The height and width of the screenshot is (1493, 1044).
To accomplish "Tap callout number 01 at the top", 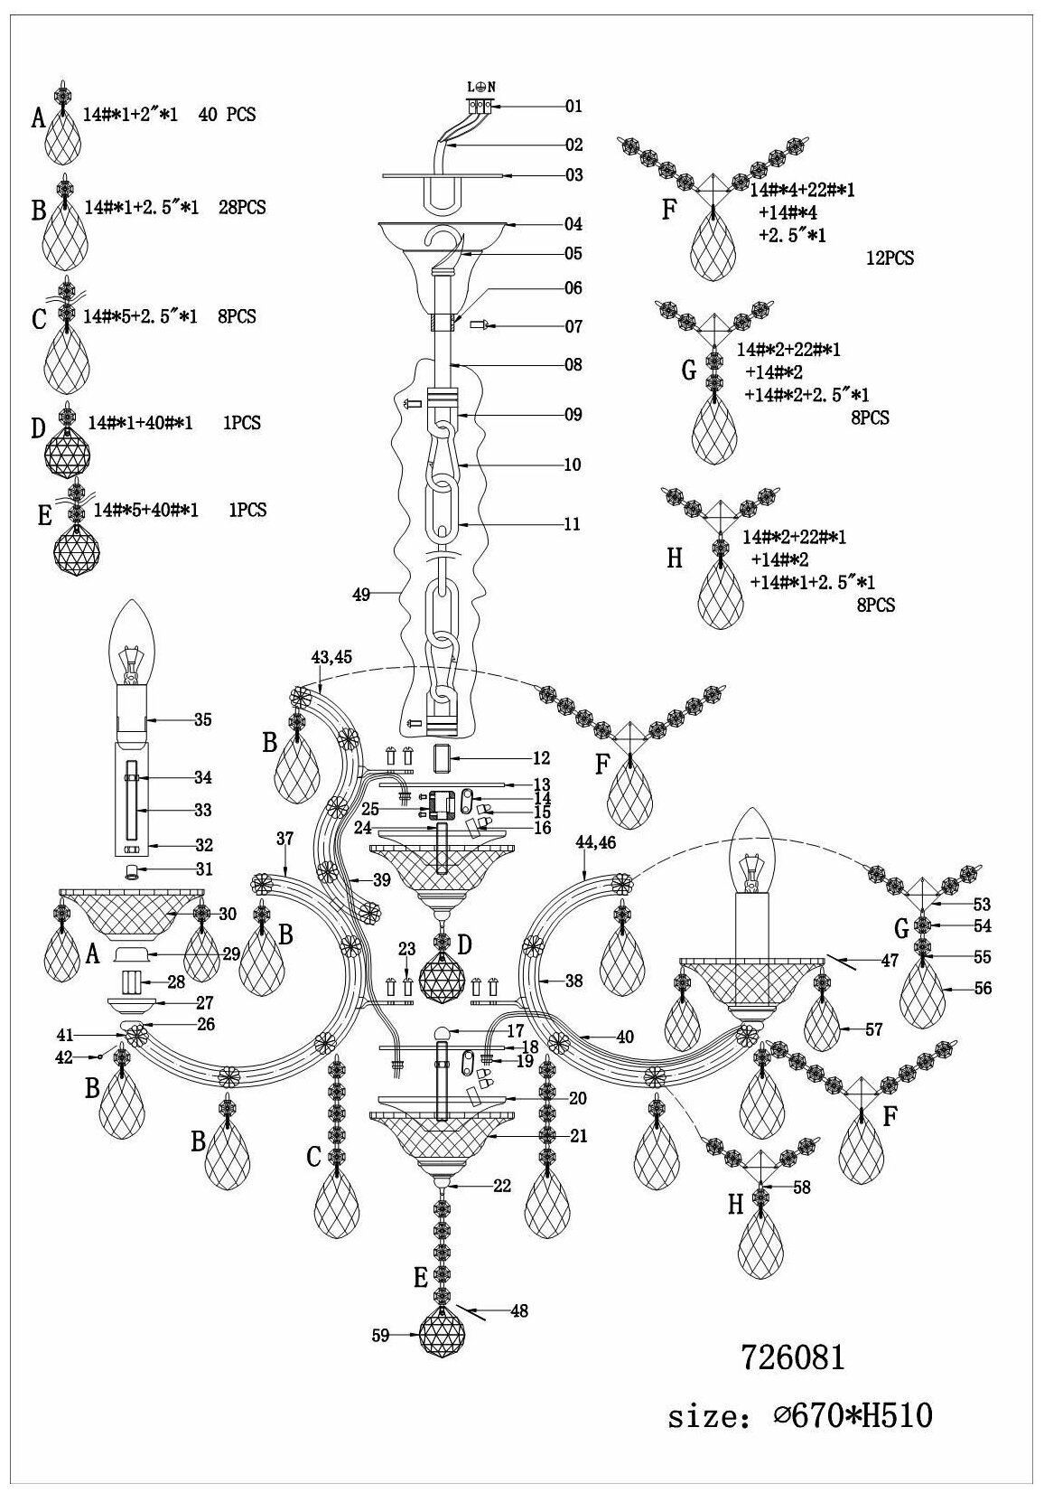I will tap(573, 106).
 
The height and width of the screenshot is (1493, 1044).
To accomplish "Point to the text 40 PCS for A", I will tap(227, 115).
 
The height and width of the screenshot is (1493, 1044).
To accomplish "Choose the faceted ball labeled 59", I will tap(443, 1335).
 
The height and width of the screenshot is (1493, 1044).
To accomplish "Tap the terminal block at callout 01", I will tap(480, 106).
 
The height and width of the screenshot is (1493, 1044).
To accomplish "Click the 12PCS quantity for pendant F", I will tap(889, 258).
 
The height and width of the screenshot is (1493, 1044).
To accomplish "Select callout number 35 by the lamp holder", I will tap(202, 720).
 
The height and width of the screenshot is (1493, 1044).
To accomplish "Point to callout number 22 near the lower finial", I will tap(502, 1186).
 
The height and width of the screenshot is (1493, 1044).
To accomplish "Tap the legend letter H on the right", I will tap(674, 558).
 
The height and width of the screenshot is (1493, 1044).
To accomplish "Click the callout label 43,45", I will tap(331, 658).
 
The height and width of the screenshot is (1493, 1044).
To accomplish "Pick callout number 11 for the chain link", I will tap(572, 524).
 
